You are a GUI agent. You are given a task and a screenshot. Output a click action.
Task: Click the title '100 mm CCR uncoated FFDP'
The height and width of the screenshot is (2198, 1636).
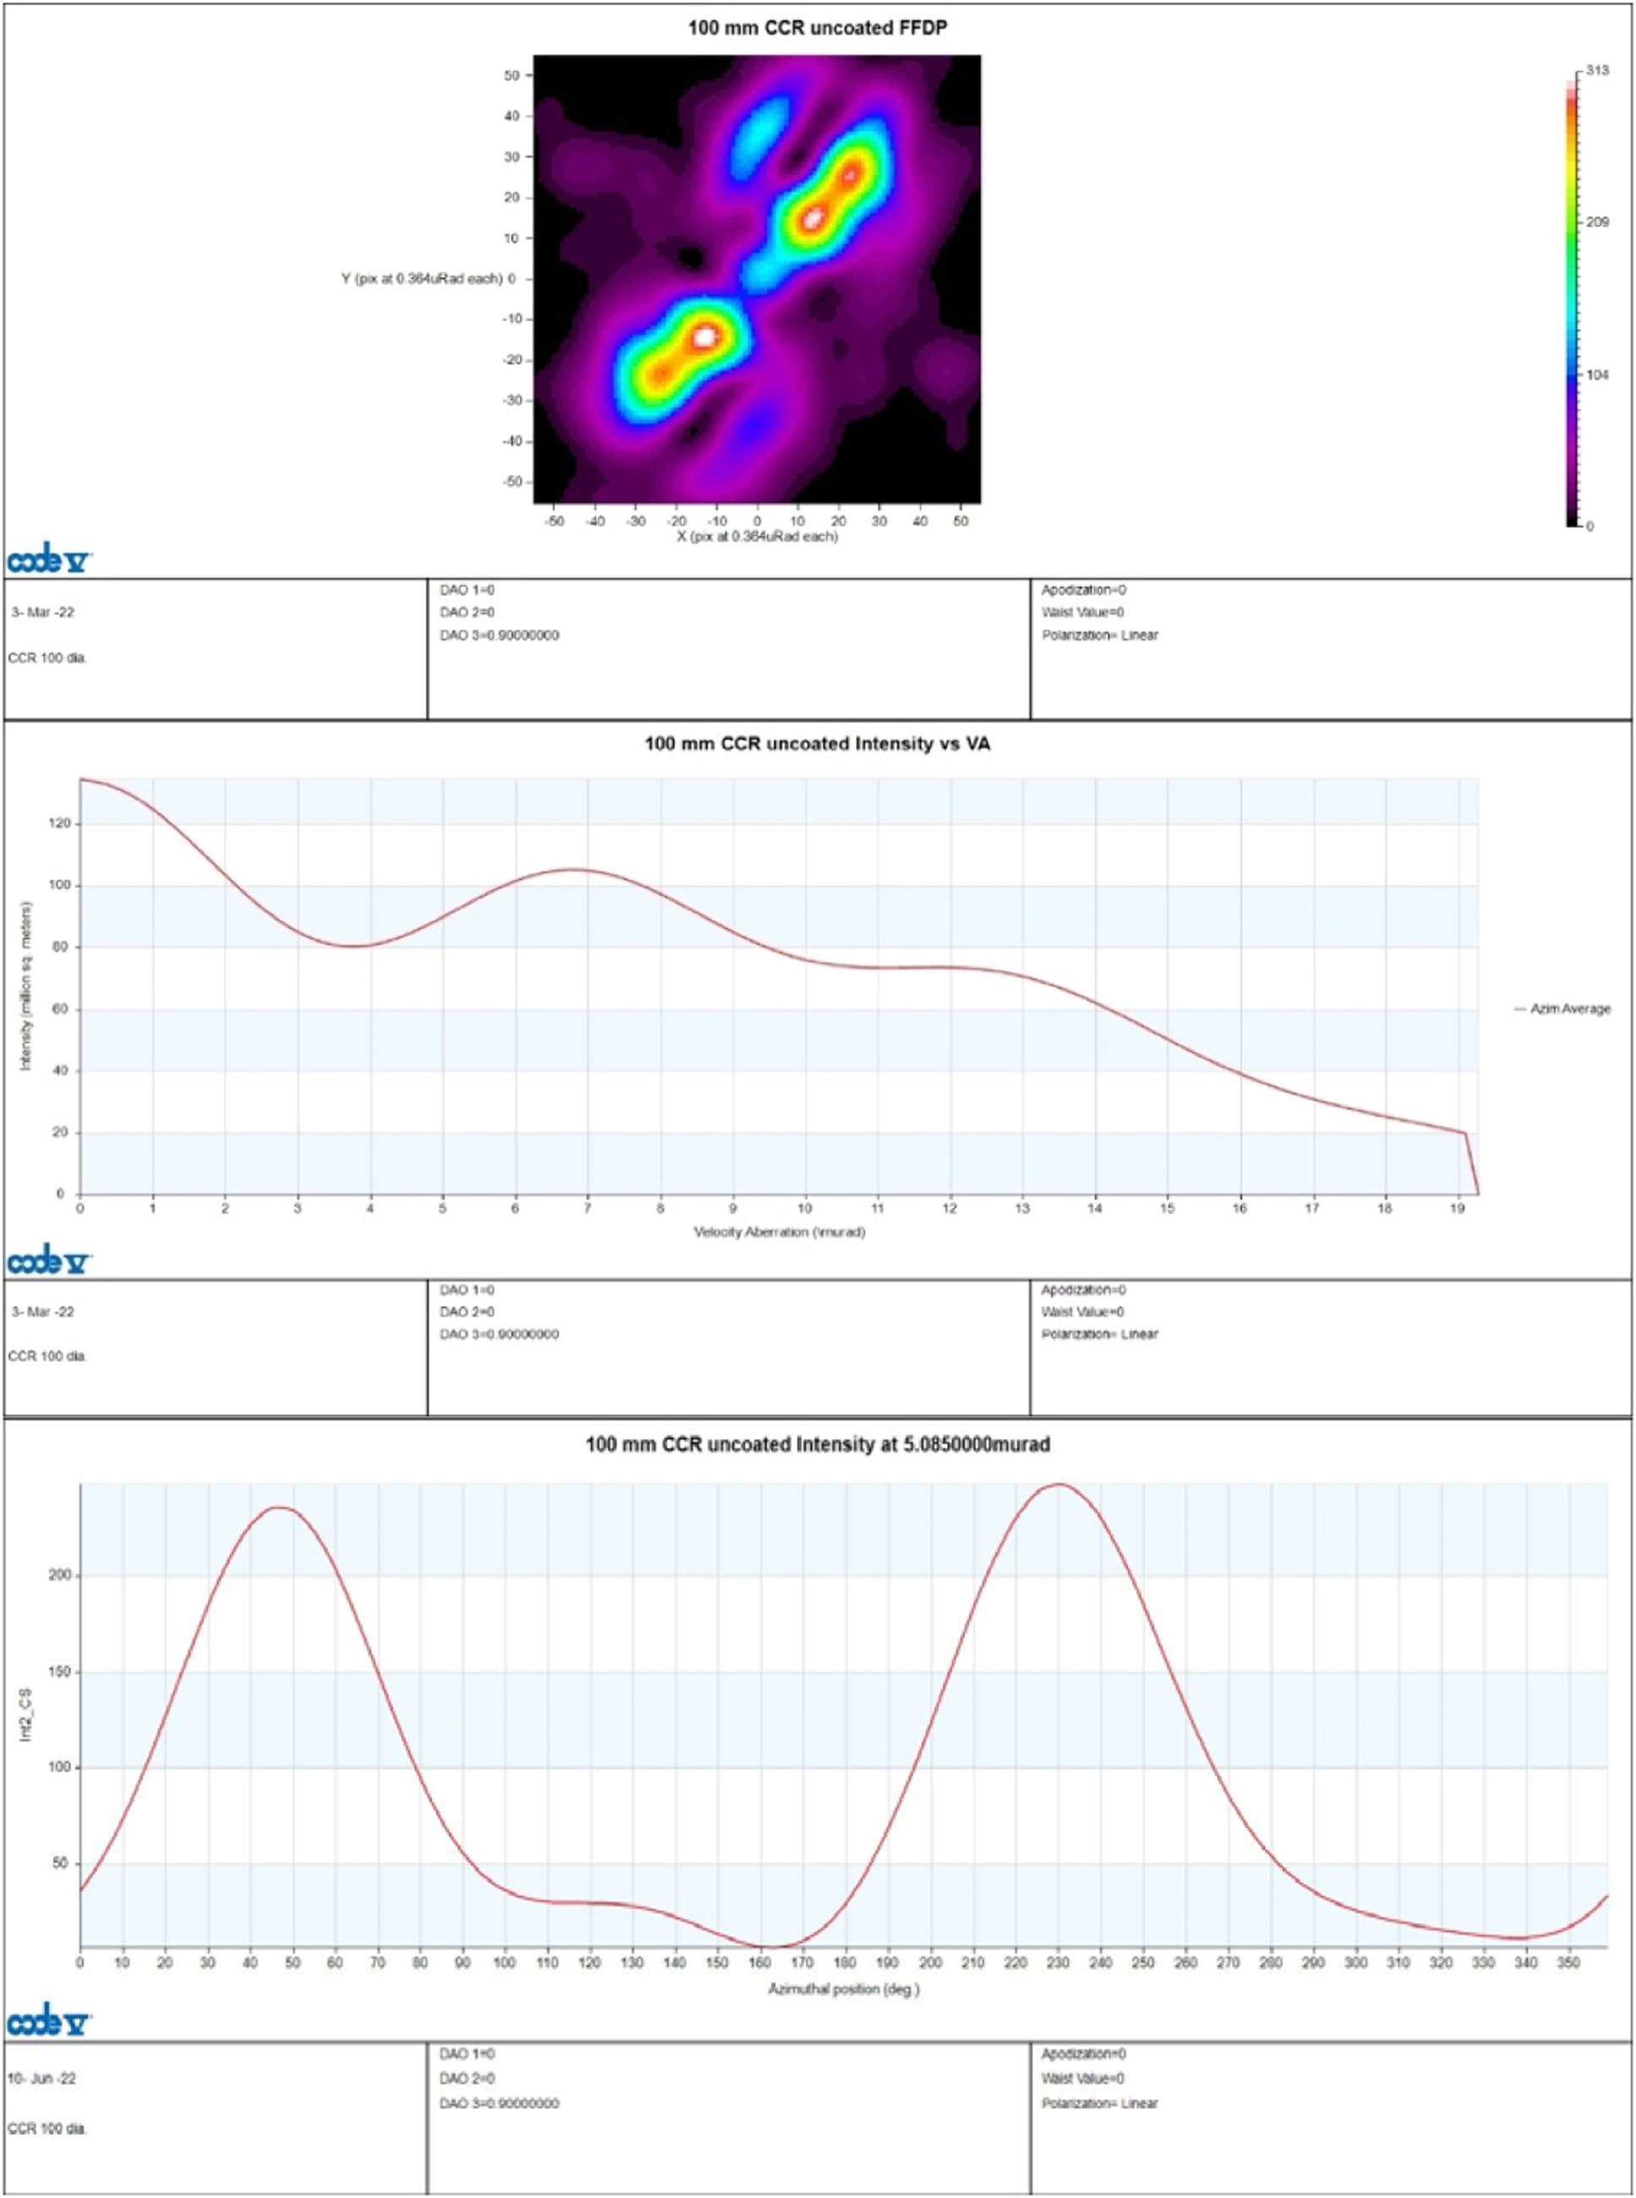click(817, 28)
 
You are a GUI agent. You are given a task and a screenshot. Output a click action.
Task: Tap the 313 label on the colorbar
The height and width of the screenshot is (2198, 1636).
click(1596, 71)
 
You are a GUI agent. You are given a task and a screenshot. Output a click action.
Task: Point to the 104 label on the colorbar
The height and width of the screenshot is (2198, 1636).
click(1597, 375)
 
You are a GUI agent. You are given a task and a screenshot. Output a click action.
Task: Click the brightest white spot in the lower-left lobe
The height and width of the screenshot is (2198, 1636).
click(705, 336)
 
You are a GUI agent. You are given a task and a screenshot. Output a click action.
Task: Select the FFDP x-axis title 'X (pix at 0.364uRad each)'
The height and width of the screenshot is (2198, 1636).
click(756, 537)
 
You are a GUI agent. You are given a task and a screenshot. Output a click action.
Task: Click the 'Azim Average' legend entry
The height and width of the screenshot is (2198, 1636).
click(1569, 1009)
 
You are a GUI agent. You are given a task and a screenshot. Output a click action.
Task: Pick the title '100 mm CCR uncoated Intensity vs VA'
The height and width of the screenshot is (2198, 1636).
click(817, 744)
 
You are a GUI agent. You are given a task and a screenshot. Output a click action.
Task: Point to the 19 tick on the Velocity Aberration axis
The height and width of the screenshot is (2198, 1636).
click(1457, 1208)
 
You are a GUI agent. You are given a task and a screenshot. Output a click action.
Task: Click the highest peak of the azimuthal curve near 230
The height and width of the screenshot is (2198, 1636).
click(1059, 1484)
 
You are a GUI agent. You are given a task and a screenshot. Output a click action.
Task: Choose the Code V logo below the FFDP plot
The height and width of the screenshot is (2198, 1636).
click(50, 561)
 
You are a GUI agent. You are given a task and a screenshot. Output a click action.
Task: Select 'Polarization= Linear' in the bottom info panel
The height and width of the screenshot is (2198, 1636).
click(1099, 2103)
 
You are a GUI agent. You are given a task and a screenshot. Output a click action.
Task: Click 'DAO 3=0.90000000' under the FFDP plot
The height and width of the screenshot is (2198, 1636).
click(499, 635)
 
